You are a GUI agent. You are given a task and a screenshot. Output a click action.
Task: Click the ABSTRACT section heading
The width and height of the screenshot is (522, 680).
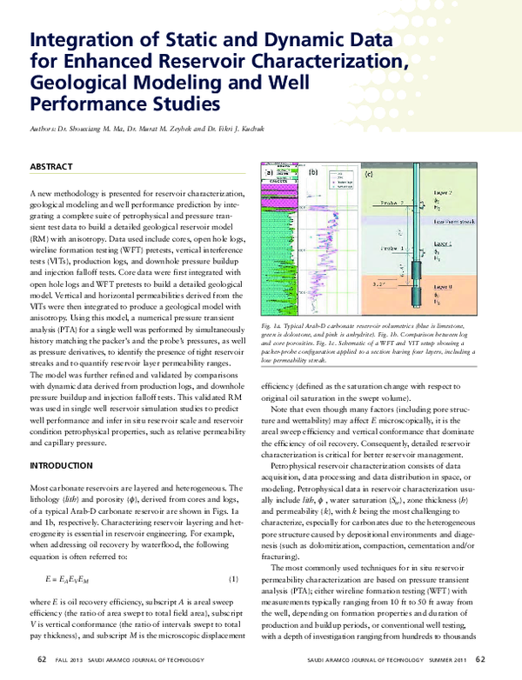[52, 164]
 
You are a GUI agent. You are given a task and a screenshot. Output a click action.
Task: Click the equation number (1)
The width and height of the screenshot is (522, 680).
[233, 554]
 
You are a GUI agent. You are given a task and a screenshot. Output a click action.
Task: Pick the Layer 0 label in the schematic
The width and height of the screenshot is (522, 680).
[467, 286]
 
